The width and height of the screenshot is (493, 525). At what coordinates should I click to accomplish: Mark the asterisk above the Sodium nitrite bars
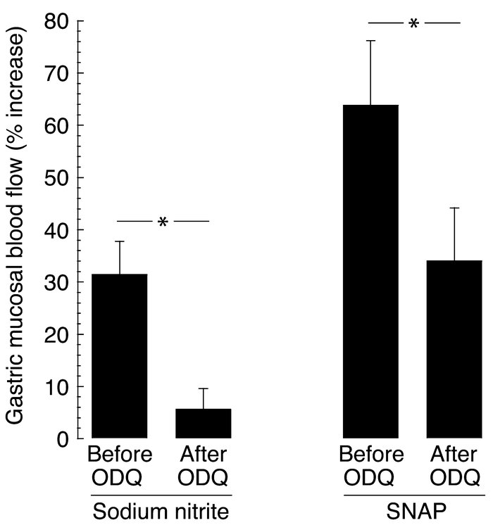click(163, 223)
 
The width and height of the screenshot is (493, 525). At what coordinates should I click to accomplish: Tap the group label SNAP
click(413, 510)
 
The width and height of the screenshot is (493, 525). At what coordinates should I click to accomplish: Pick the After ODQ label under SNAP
click(454, 467)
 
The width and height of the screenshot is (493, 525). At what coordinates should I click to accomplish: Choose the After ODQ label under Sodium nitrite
click(203, 467)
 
